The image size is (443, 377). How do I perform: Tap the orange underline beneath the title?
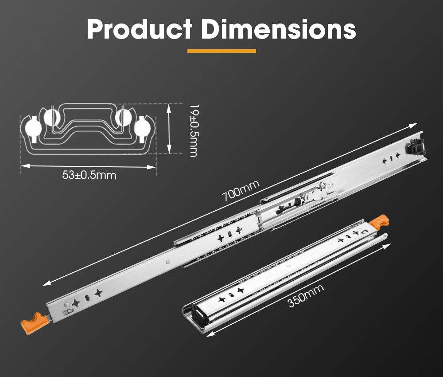click(221, 51)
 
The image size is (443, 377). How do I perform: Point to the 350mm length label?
click(306, 295)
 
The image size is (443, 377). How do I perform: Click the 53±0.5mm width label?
click(89, 175)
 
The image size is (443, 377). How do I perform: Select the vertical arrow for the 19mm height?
click(169, 128)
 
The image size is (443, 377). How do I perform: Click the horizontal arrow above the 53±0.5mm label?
click(89, 166)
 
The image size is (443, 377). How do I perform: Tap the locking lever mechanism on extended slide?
click(310, 195)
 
